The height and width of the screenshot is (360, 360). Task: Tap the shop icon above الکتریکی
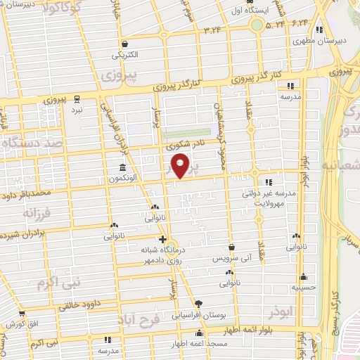pos(124,42)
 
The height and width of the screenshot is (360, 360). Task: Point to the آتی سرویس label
pos(231,259)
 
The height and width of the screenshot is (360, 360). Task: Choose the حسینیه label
pos(302,288)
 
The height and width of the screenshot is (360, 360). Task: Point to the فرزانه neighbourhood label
pos(38,212)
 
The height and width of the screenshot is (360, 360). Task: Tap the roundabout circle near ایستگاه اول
pos(257,26)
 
